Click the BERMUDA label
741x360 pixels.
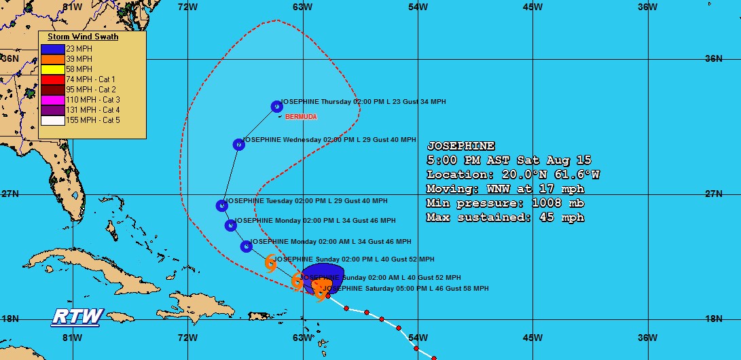[x=301, y=117]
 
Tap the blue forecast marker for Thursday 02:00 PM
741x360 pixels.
[x=276, y=106]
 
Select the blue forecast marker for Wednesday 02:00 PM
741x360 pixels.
[x=238, y=144]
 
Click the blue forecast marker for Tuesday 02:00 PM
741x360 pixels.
[x=221, y=205]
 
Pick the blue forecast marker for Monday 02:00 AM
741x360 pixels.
[x=247, y=246]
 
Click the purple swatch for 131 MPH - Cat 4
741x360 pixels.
[x=52, y=110]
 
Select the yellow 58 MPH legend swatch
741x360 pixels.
[x=52, y=69]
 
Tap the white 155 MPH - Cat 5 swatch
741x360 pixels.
[x=52, y=120]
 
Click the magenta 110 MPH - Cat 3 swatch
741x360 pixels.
[x=52, y=100]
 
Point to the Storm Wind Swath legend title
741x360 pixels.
[x=83, y=37]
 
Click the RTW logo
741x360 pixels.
[x=77, y=317]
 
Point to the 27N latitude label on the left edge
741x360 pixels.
[x=10, y=194]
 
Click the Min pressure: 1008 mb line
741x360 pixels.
[x=505, y=203]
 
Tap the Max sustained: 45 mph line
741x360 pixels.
[x=505, y=217]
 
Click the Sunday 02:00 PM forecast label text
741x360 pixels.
[x=354, y=259]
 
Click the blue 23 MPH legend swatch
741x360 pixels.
[x=52, y=49]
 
